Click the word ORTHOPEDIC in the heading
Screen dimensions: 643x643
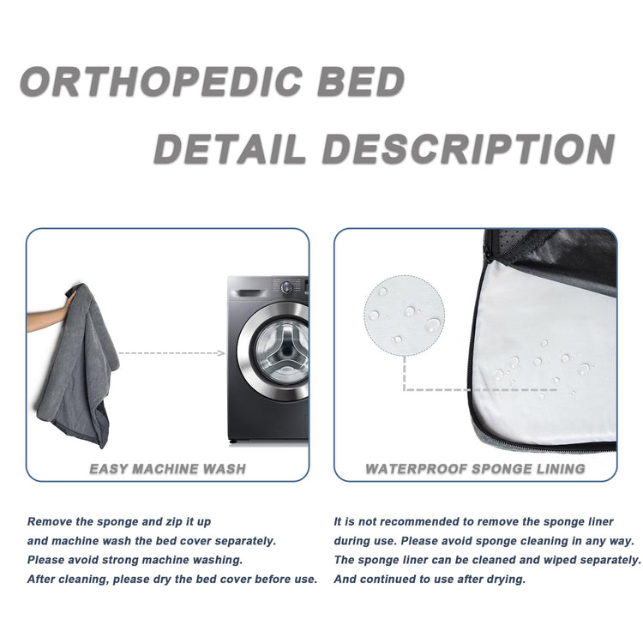[x=160, y=82]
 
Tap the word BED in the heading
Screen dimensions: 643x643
[x=360, y=82]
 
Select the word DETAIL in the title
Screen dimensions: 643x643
[x=230, y=150]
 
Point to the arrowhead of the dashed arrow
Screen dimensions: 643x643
[x=220, y=352]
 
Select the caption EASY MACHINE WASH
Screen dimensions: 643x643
[x=168, y=469]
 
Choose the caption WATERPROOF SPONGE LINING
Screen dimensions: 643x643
[x=475, y=469]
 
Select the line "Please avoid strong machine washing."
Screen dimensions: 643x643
[x=135, y=560]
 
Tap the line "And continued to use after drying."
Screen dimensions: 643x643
[x=430, y=579]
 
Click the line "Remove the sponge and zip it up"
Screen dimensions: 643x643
[x=119, y=521]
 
